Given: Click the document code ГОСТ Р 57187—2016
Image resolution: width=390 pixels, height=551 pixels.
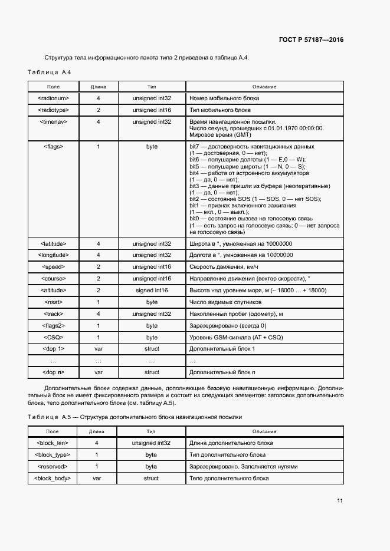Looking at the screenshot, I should [x=310, y=40].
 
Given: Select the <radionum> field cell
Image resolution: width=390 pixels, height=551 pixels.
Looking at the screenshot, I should [x=54, y=98].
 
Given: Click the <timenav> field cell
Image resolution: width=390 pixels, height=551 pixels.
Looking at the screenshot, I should [x=54, y=121].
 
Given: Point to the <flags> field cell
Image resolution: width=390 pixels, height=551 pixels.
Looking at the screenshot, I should [x=54, y=146].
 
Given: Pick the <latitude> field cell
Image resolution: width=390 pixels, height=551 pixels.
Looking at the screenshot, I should [x=54, y=243].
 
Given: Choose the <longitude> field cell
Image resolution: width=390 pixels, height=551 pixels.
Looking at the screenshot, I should [x=54, y=255].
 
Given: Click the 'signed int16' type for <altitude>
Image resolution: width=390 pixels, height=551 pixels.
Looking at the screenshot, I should [x=152, y=291].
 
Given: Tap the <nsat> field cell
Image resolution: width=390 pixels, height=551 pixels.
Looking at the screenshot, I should [x=54, y=302].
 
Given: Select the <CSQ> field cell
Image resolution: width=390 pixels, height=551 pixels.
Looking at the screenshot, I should [x=54, y=338].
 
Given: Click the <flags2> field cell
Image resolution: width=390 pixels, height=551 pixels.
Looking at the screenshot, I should [x=54, y=326].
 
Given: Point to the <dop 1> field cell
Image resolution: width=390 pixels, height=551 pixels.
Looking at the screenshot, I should [x=54, y=349].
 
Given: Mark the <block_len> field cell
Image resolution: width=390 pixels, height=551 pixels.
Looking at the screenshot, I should [x=54, y=443].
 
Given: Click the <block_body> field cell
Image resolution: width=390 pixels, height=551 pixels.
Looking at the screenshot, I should [x=54, y=479].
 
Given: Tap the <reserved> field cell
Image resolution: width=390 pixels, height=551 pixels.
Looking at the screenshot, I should [x=54, y=467].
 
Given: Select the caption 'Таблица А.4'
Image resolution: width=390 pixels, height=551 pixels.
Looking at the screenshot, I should [x=49, y=72].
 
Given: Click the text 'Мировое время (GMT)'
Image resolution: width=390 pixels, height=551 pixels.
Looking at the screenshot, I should [x=216, y=134].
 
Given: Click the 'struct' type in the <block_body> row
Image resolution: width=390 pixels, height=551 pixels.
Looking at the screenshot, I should [x=152, y=479].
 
